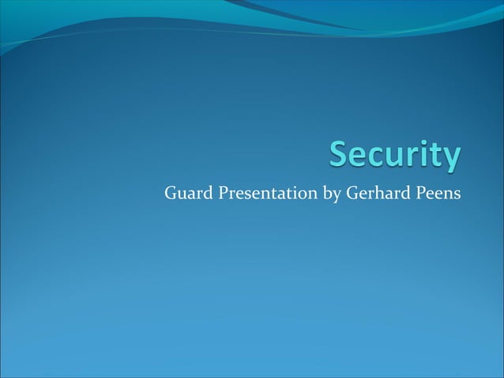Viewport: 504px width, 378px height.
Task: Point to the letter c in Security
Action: pos(377,158)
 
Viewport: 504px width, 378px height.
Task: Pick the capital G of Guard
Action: pos(170,192)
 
